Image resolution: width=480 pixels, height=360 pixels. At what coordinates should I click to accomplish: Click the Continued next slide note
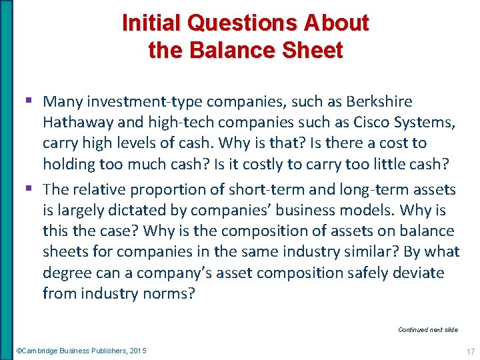(x=427, y=329)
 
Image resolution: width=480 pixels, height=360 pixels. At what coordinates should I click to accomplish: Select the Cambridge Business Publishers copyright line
(x=81, y=351)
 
